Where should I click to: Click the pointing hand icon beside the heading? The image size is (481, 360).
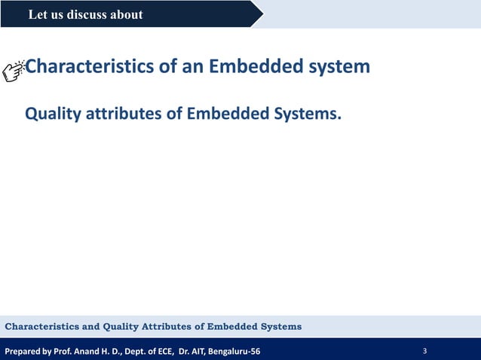click(14, 69)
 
